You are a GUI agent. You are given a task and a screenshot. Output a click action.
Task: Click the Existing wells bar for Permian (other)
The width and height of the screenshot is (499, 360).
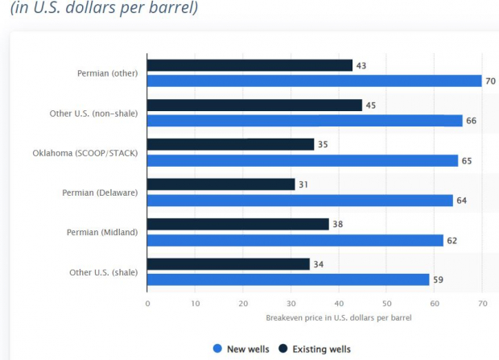point(249,65)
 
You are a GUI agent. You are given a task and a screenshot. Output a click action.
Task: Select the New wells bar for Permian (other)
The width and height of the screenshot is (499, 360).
point(314,81)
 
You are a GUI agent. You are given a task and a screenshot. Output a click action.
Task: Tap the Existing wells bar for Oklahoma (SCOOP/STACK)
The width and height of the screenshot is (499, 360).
point(230,144)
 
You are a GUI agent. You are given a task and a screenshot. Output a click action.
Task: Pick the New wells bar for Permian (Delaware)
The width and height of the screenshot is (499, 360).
point(300,200)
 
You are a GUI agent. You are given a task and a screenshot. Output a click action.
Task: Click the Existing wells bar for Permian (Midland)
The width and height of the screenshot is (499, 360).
point(237,224)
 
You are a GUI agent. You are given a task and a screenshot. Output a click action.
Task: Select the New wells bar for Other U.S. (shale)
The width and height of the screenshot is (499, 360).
point(288,279)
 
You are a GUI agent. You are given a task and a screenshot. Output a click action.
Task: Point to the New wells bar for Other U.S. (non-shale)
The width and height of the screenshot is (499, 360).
point(305,121)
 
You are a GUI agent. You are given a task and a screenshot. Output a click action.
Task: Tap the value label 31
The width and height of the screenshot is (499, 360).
point(303,184)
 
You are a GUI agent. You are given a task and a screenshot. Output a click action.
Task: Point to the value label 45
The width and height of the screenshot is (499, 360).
point(370,105)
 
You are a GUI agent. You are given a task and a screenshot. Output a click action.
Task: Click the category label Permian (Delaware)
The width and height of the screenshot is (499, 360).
point(100,192)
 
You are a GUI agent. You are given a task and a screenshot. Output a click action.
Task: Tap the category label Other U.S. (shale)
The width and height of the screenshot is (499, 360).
point(103,272)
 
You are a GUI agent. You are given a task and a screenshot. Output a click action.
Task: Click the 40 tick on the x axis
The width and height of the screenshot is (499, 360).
point(339,303)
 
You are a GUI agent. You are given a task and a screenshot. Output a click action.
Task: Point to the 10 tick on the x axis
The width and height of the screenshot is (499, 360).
point(196,303)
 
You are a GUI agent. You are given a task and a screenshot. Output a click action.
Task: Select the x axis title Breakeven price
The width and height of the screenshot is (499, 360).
point(338,318)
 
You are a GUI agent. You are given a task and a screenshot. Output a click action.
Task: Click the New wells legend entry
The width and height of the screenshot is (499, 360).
point(241,349)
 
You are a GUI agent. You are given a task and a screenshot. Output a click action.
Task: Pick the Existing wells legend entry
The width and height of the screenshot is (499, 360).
point(314,349)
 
